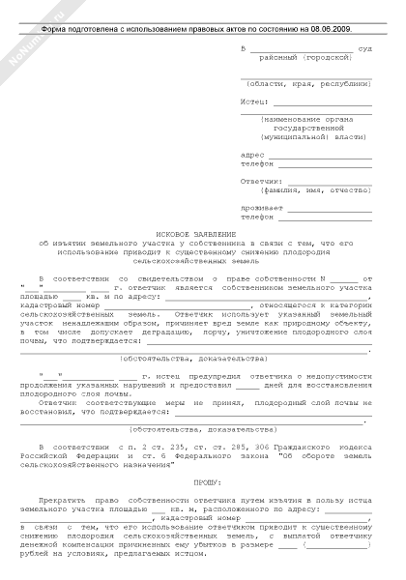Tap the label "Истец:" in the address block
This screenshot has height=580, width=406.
[x=252, y=100]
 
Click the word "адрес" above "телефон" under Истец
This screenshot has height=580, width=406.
[x=250, y=154]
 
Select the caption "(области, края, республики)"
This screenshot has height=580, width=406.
[x=304, y=83]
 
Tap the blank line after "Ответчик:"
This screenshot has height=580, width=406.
[x=328, y=181]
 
